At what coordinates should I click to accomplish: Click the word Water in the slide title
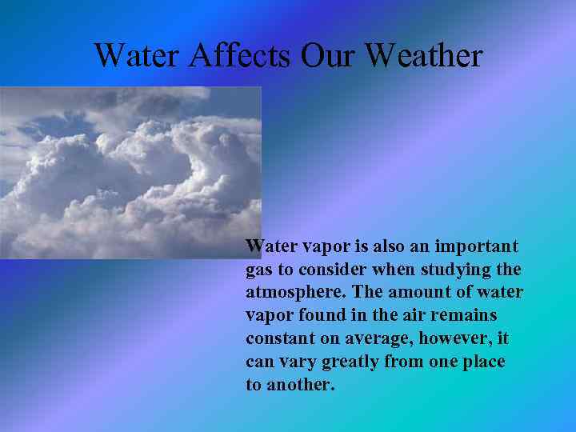pos(139,55)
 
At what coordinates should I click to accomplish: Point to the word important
pos(478,246)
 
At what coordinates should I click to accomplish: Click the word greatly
pos(350,362)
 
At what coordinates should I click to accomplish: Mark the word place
pos(482,362)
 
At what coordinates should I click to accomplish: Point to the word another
pos(301,385)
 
